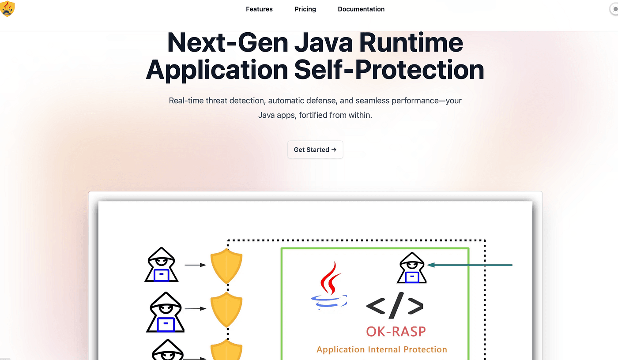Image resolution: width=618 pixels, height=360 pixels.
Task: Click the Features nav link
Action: pyautogui.click(x=259, y=9)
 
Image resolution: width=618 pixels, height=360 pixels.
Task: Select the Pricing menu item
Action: pyautogui.click(x=305, y=9)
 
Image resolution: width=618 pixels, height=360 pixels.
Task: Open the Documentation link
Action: pyautogui.click(x=361, y=9)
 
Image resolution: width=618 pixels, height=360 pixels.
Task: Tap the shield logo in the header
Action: pyautogui.click(x=7, y=8)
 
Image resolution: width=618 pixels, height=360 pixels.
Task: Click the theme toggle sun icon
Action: pyautogui.click(x=615, y=9)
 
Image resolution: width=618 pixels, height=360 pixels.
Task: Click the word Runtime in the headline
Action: pyautogui.click(x=411, y=43)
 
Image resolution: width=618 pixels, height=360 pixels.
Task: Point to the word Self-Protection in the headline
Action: pyautogui.click(x=389, y=70)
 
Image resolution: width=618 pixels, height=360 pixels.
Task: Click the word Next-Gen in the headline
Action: pyautogui.click(x=228, y=43)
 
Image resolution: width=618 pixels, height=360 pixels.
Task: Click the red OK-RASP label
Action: pyautogui.click(x=396, y=332)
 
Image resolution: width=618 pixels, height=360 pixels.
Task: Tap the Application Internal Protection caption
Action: pyautogui.click(x=382, y=349)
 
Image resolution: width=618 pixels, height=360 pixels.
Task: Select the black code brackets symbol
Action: pyautogui.click(x=395, y=305)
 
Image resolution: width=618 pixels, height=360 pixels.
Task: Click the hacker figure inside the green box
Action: pyautogui.click(x=411, y=268)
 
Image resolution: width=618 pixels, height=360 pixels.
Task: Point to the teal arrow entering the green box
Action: pyautogui.click(x=470, y=265)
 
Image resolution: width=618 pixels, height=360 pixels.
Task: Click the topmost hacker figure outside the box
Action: pyautogui.click(x=162, y=265)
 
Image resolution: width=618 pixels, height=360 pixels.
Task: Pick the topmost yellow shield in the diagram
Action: pyautogui.click(x=226, y=266)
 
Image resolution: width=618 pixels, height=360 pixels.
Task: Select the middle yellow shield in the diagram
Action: pyautogui.click(x=226, y=310)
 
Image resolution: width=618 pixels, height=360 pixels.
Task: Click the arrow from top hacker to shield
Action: pyautogui.click(x=195, y=265)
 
